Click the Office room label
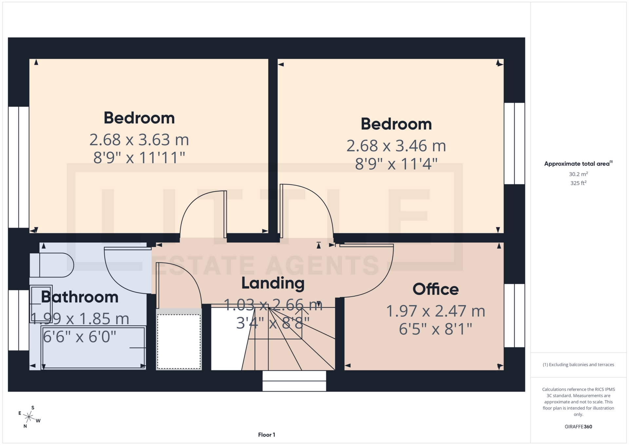(435, 289)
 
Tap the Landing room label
(273, 283)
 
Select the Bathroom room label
(80, 297)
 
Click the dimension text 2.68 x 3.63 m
(139, 140)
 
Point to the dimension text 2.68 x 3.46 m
(396, 146)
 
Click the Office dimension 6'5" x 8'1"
(435, 329)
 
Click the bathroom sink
(41, 304)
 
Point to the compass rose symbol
(29, 417)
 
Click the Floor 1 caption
(266, 435)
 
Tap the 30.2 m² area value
(578, 174)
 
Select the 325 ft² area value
(578, 183)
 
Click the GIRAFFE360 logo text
(578, 427)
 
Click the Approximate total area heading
(578, 164)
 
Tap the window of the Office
(514, 315)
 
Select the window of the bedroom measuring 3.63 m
(19, 167)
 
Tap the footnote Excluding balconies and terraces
(578, 365)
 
